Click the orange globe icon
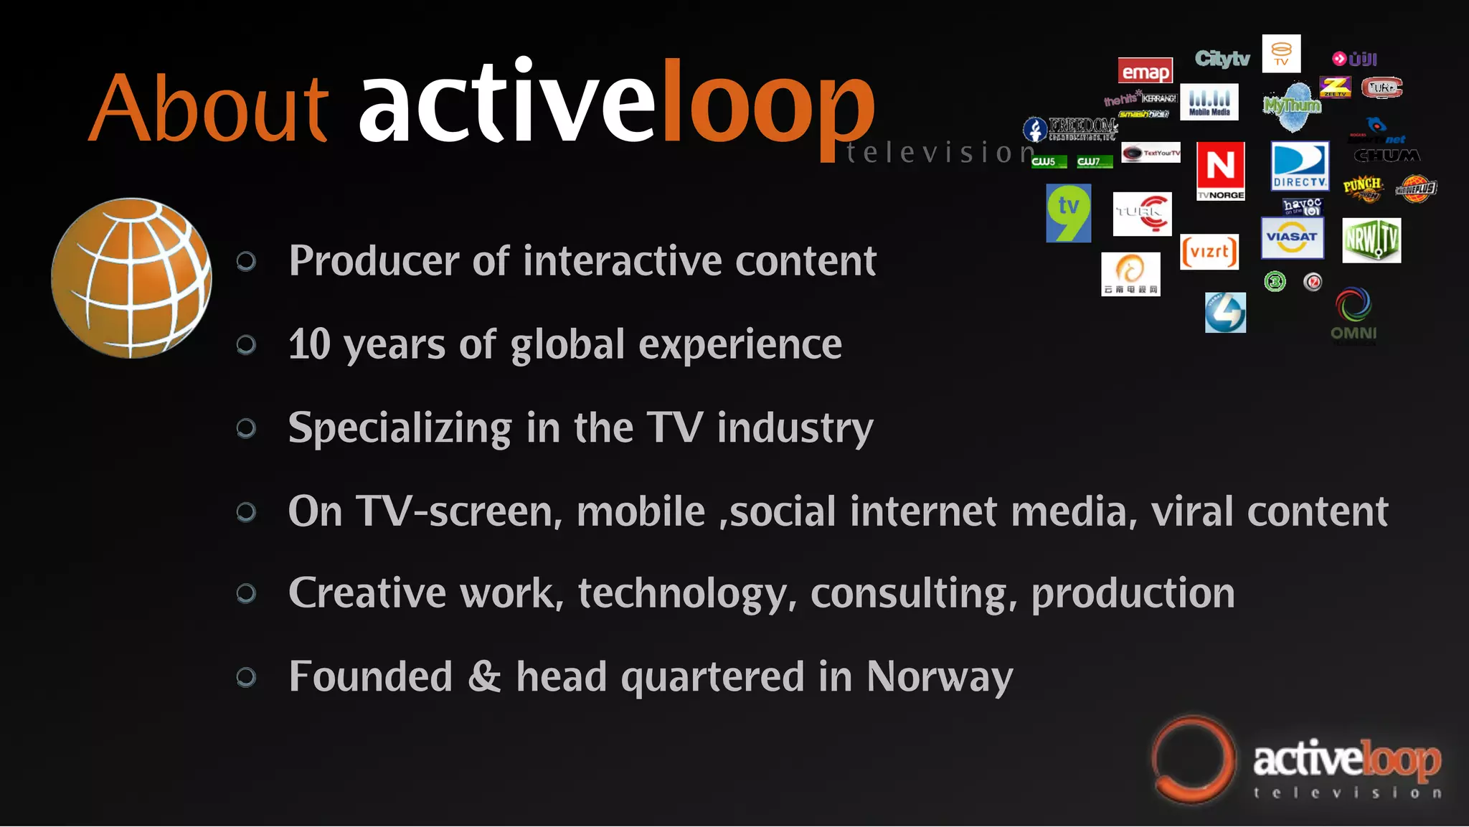(131, 278)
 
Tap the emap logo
(1146, 71)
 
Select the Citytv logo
(1222, 59)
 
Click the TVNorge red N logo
(1221, 170)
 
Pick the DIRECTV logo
(1300, 166)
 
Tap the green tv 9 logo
(1069, 213)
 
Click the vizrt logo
(1209, 252)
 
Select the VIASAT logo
(1292, 238)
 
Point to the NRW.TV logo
(1371, 240)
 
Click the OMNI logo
(1354, 316)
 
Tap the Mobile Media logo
(1209, 102)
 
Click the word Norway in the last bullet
(940, 676)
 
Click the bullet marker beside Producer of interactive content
(246, 262)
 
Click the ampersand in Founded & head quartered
(484, 676)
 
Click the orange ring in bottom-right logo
(1192, 760)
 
